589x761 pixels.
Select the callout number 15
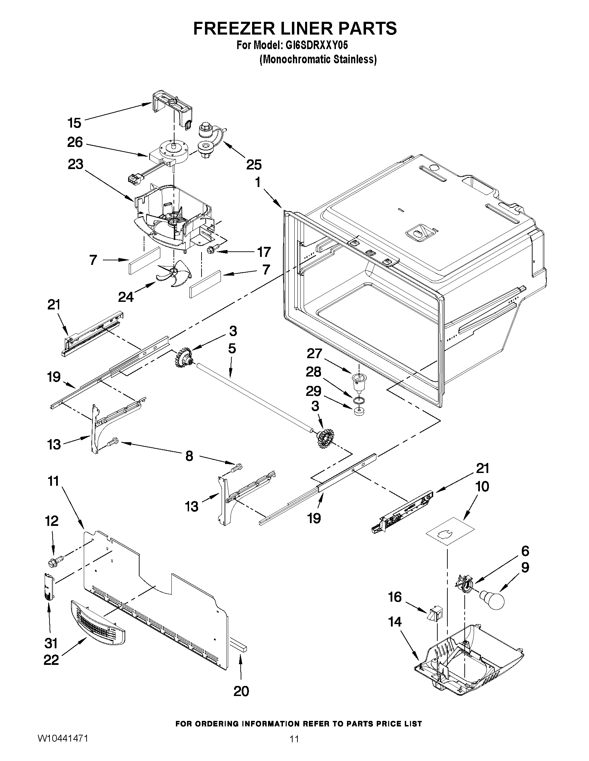point(74,123)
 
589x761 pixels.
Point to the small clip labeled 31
point(49,587)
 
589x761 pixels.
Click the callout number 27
point(314,353)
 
